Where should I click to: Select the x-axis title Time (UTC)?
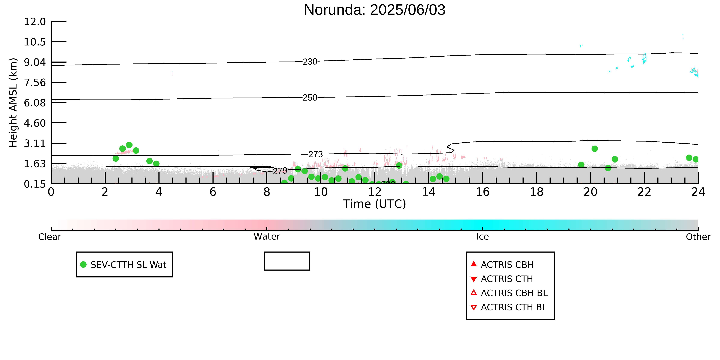tap(375, 204)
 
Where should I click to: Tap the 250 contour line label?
tap(310, 98)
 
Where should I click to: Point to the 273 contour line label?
tap(316, 154)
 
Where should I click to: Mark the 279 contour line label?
tap(280, 171)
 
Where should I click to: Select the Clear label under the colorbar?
tap(50, 237)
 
